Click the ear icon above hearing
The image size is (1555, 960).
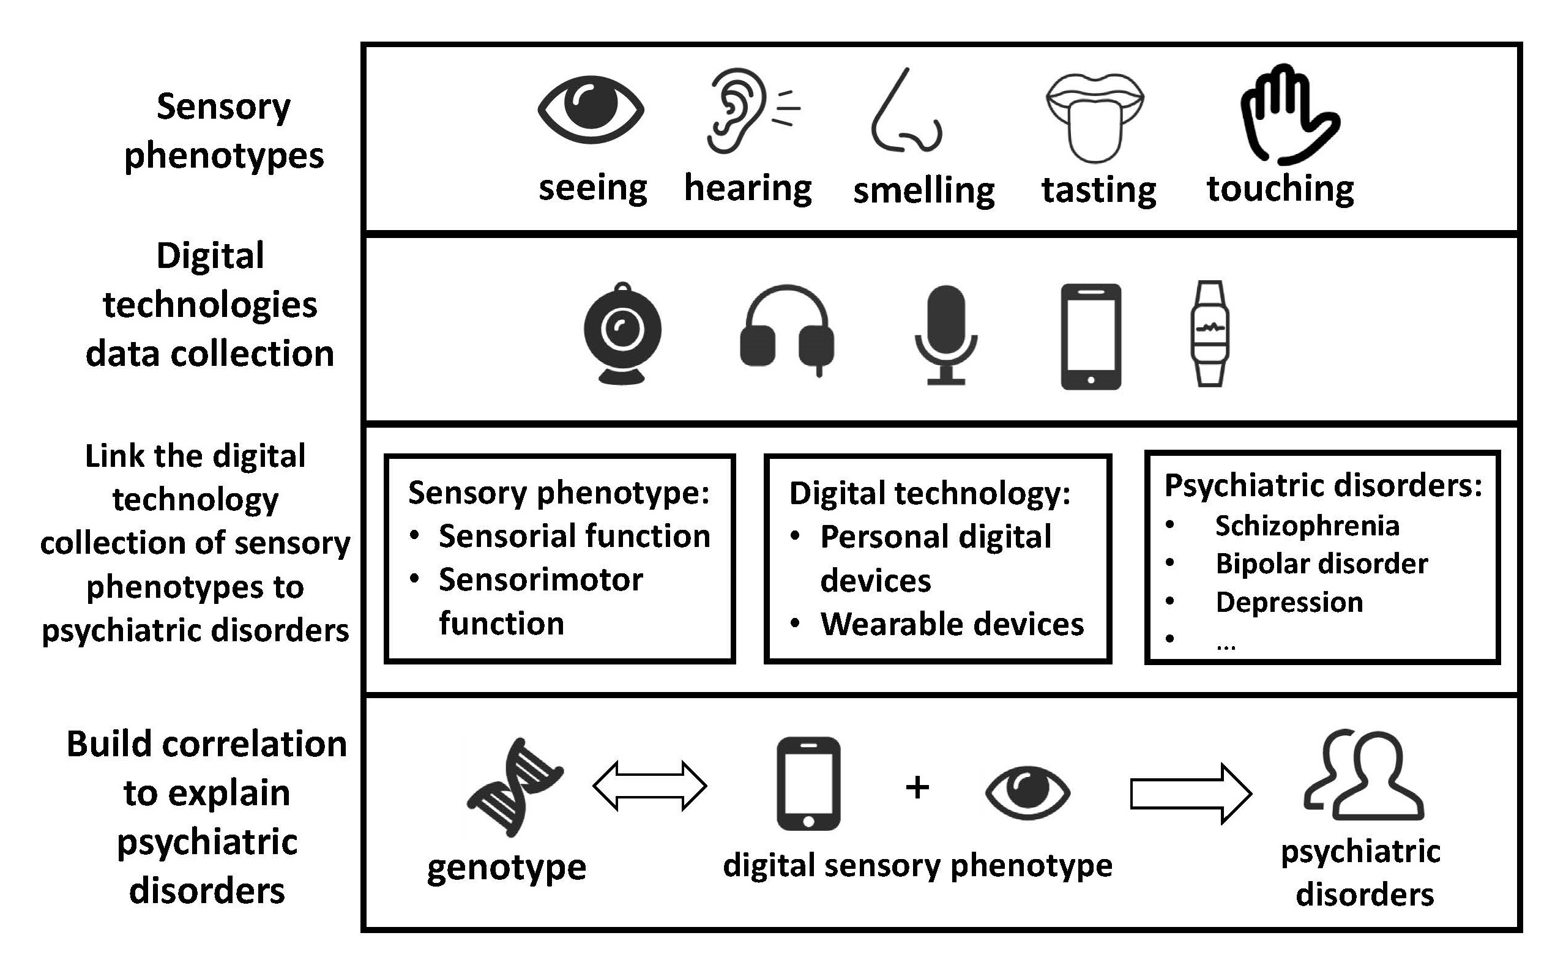pyautogui.click(x=737, y=111)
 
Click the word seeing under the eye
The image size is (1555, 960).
pyautogui.click(x=592, y=188)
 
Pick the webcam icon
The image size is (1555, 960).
pyautogui.click(x=622, y=333)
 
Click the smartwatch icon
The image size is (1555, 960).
pyautogui.click(x=1209, y=333)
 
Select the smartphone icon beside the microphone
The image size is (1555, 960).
pyautogui.click(x=1091, y=337)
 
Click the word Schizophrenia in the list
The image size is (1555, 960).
pyautogui.click(x=1307, y=526)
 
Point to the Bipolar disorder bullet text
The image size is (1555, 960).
pyautogui.click(x=1321, y=564)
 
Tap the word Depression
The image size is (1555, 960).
pyautogui.click(x=1289, y=602)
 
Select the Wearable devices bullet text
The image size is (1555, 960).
pyautogui.click(x=952, y=624)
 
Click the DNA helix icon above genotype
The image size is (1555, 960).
pyautogui.click(x=514, y=787)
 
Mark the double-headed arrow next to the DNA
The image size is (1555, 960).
pyautogui.click(x=649, y=786)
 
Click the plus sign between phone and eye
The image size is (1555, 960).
pyautogui.click(x=917, y=788)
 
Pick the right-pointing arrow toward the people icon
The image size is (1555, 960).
pyautogui.click(x=1190, y=794)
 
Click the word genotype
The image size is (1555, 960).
pyautogui.click(x=506, y=868)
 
